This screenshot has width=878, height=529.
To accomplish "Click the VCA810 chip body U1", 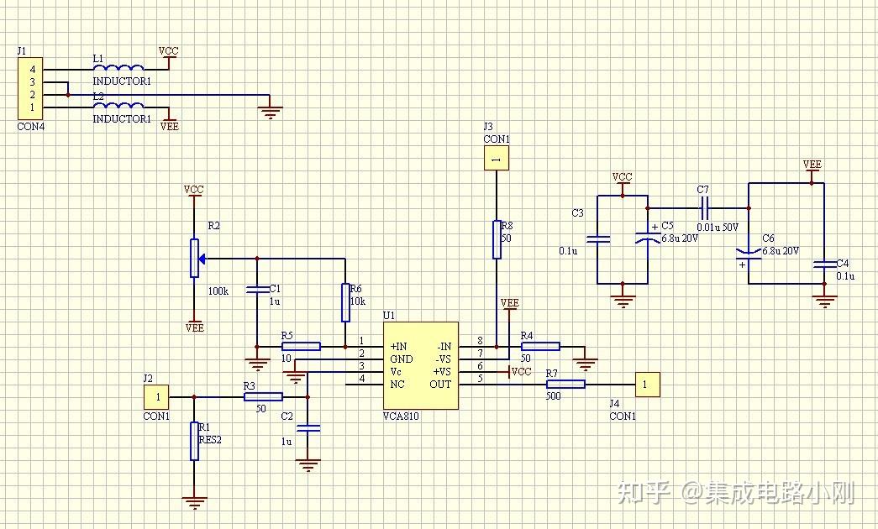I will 420,365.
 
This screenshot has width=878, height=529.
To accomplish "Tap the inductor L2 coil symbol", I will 118,106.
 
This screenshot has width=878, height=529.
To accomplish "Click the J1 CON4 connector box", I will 32,88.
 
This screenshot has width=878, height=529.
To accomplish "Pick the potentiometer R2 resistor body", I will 194,258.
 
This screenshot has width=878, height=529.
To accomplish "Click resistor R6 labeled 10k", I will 345,302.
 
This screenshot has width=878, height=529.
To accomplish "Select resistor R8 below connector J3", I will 497,239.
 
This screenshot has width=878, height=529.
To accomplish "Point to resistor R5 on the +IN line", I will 301,346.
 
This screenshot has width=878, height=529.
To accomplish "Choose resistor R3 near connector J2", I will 263,396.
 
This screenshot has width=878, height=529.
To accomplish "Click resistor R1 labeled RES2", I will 194,441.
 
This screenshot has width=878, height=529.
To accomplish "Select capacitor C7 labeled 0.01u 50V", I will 704,207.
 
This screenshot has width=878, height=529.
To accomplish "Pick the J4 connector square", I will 647,385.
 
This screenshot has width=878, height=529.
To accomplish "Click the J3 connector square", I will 497,158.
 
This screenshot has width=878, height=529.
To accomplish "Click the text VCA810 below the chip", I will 401,416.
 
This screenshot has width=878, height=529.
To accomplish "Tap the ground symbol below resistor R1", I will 194,502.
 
